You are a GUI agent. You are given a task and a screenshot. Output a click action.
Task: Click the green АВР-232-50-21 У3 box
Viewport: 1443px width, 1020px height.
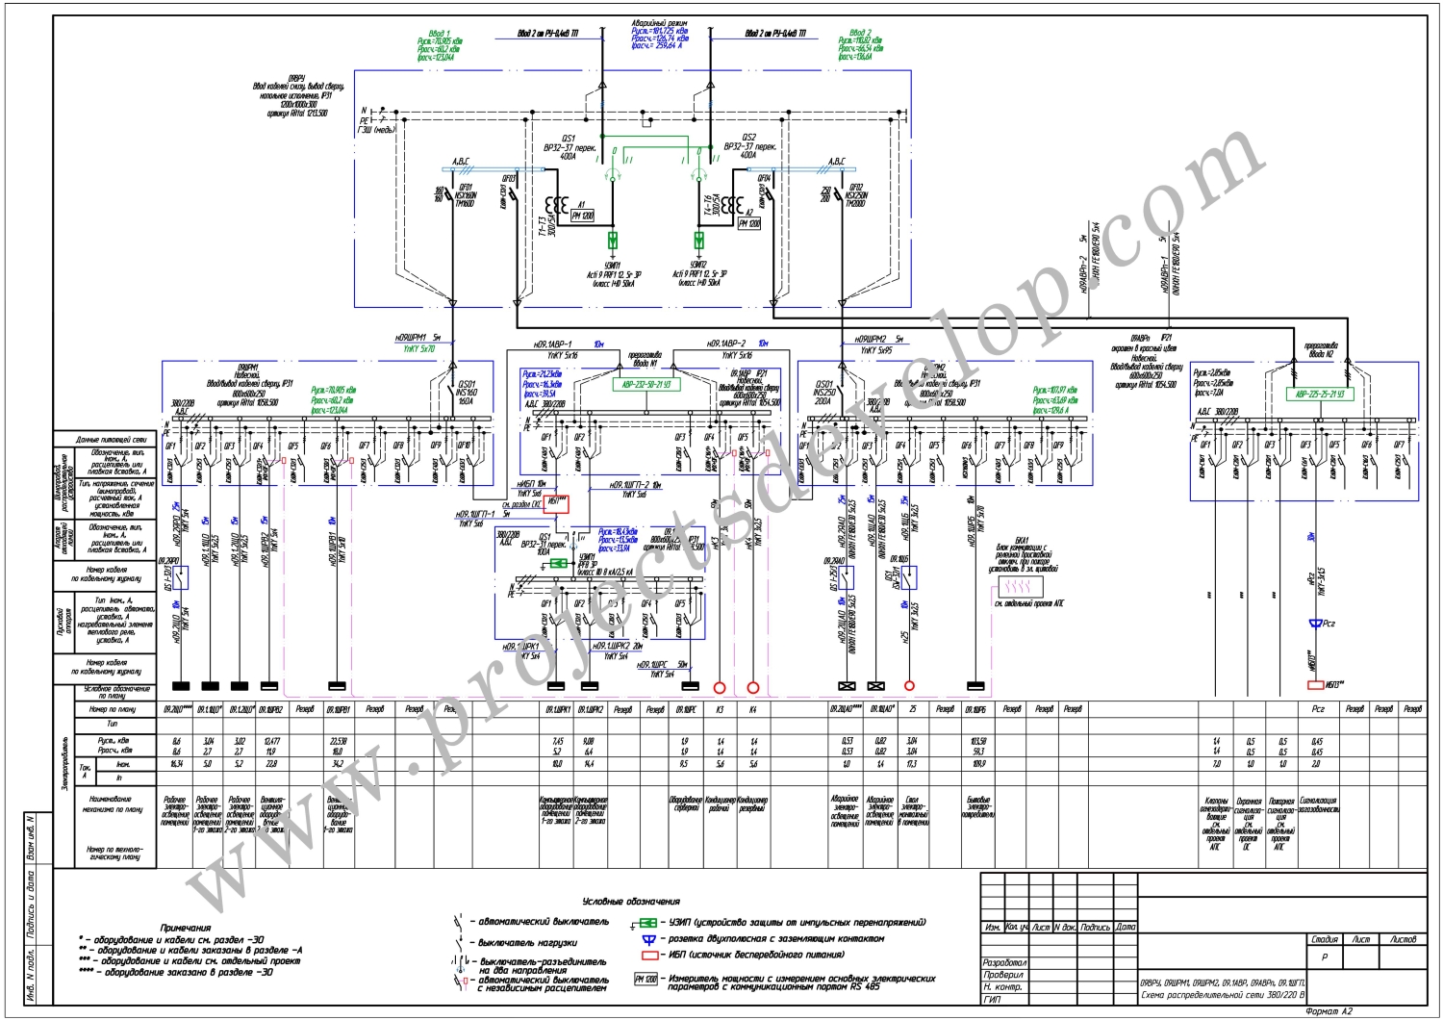(646, 384)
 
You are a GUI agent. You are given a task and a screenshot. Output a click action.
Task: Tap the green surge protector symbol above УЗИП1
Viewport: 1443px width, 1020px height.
(613, 240)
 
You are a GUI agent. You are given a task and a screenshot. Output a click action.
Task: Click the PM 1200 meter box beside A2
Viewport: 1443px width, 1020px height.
(749, 223)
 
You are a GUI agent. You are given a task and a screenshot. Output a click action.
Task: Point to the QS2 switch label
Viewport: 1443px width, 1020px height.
(749, 138)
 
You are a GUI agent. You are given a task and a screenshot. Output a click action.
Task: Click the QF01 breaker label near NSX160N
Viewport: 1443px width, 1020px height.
(466, 188)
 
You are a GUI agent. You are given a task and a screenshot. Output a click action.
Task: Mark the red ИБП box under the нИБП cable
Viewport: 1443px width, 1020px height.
(557, 502)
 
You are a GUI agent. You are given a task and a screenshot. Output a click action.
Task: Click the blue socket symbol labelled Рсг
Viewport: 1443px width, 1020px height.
(1316, 624)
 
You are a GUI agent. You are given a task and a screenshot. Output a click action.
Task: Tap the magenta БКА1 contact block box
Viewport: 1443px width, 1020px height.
(1016, 586)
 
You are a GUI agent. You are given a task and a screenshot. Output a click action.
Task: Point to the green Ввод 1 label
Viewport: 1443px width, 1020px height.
(440, 34)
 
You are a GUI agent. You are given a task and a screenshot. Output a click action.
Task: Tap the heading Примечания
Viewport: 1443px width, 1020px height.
(186, 928)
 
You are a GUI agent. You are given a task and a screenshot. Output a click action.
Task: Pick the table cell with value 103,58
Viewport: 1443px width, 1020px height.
(976, 741)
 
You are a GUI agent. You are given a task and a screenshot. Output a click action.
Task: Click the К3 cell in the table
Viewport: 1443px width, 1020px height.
(720, 709)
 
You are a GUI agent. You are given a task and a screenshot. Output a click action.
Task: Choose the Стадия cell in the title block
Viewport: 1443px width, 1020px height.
(1324, 939)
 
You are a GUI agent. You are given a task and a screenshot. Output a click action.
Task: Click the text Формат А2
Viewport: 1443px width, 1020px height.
(1329, 1011)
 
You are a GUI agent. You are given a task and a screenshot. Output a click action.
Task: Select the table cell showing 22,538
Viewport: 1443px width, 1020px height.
(338, 741)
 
